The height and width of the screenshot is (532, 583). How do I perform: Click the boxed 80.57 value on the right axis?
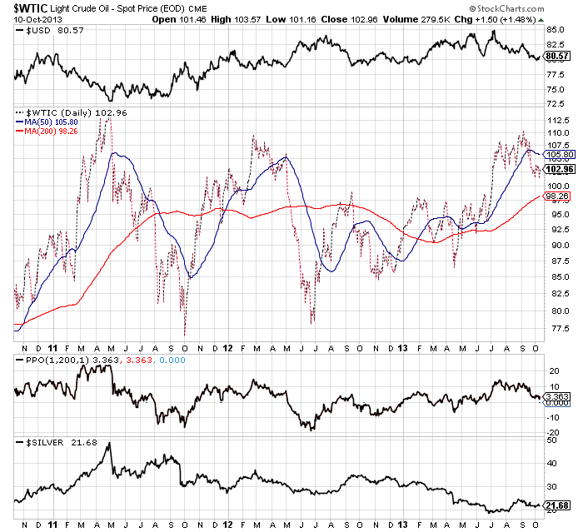coord(555,56)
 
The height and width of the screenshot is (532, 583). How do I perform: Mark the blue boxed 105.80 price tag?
coord(555,155)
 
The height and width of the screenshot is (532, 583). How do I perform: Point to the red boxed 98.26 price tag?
coord(555,196)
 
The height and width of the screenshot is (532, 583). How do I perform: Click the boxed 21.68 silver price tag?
coord(555,505)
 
